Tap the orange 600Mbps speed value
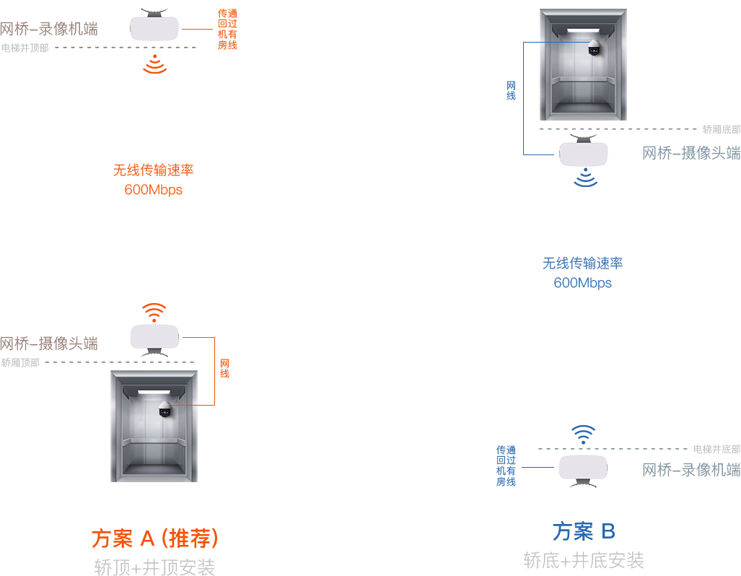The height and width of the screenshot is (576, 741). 153,189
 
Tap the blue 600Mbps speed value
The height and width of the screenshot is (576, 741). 582,282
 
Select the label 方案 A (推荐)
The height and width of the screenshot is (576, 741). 154,538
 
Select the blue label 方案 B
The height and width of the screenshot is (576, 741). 584,532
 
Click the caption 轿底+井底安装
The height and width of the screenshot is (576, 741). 584,560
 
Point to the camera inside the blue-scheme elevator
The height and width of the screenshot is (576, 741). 594,49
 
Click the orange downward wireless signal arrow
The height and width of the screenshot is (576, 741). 153,66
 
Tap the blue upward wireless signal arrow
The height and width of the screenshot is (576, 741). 583,433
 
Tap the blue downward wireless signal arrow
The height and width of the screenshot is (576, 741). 584,178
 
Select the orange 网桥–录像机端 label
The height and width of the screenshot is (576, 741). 49,29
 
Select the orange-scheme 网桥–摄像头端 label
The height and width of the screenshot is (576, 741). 49,343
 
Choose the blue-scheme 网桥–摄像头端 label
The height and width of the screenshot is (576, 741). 691,153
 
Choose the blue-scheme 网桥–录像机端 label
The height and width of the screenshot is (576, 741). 691,469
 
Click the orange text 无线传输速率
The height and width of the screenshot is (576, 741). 153,171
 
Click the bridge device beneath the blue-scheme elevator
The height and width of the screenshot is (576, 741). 583,152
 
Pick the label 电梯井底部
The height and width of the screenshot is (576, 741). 716,450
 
